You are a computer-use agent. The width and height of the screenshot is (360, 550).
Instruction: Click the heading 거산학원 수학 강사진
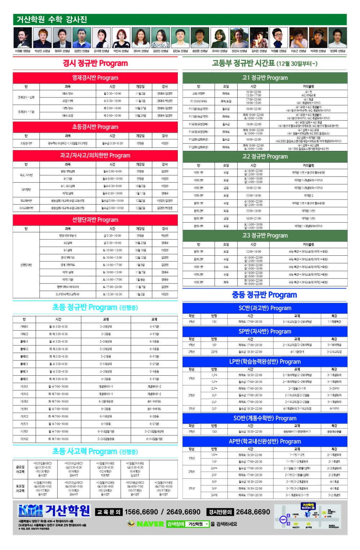(x=52, y=19)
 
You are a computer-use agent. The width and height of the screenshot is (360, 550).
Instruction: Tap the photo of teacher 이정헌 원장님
(x=23, y=37)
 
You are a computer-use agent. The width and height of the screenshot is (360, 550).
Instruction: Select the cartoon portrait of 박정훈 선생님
(x=279, y=37)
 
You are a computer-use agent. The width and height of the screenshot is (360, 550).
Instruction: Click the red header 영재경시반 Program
(x=95, y=78)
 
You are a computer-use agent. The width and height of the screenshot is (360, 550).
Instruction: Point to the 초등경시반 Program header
(x=95, y=127)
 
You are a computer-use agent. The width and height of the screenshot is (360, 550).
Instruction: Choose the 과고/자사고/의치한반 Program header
(x=95, y=156)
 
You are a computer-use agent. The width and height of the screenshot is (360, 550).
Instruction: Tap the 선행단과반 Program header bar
(x=95, y=220)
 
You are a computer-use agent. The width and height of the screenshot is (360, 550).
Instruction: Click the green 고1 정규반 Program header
(x=265, y=78)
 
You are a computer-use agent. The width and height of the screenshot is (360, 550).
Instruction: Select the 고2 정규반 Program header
(x=265, y=157)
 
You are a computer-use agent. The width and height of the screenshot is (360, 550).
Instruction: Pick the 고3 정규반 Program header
(x=265, y=236)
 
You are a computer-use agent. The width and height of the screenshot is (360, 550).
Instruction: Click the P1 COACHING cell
(x=198, y=101)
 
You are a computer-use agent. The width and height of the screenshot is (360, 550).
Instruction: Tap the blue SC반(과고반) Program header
(x=265, y=308)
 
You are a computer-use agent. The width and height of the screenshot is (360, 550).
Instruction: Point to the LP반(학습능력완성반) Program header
(x=265, y=362)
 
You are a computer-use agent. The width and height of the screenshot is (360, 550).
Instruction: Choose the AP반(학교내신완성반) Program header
(x=265, y=442)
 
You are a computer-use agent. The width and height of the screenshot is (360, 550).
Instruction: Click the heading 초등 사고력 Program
(x=95, y=452)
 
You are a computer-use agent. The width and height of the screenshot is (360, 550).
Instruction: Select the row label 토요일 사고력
(x=20, y=488)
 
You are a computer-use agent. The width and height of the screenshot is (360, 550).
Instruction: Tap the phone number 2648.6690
(x=253, y=512)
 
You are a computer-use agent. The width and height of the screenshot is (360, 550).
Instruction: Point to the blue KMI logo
(x=31, y=510)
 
